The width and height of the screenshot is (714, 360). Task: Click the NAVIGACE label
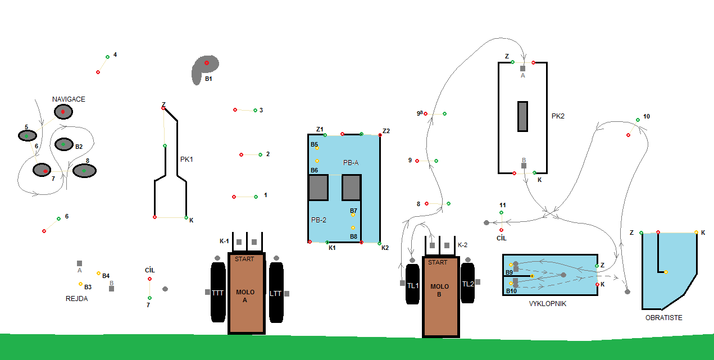[x=69, y=99]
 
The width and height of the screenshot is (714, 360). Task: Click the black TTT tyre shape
[x=218, y=292]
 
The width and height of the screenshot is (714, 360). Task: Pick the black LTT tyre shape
[x=276, y=292]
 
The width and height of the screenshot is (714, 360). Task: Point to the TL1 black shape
[x=413, y=285]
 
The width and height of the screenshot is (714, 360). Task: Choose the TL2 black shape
[x=468, y=284]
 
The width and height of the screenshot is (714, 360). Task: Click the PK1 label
[x=187, y=160]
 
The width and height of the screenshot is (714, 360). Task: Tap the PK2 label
[x=558, y=116]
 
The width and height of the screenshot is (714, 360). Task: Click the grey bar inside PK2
[x=522, y=116]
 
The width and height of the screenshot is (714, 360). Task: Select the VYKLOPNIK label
[x=547, y=304]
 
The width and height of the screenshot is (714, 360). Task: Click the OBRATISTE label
[x=664, y=318]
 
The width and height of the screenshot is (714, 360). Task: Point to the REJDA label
[x=77, y=299]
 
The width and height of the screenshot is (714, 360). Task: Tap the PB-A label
[x=351, y=162]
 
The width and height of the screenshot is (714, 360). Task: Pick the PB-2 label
[x=319, y=220]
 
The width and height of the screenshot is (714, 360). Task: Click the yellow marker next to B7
[x=353, y=215]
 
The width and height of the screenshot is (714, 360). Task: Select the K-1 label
[x=224, y=241]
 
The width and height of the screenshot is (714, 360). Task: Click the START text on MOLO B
[x=438, y=262]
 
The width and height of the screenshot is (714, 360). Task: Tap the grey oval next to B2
[x=63, y=144]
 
